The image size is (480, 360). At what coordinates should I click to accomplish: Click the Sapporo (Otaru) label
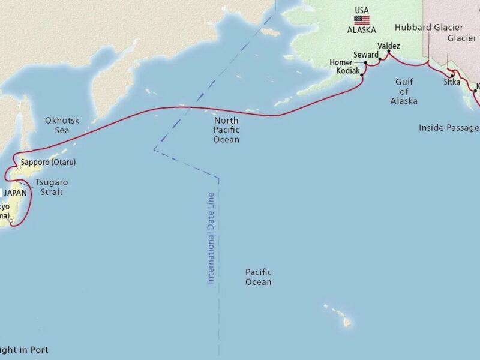click(48, 163)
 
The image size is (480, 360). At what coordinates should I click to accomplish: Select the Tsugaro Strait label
click(49, 187)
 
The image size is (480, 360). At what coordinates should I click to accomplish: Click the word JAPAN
click(16, 193)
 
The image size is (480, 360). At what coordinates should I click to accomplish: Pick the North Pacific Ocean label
click(226, 130)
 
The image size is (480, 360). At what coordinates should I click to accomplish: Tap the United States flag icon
click(361, 20)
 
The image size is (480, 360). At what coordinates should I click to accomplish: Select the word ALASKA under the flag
click(361, 29)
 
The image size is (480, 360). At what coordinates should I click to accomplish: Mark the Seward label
click(365, 55)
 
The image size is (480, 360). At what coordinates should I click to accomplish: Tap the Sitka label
click(451, 82)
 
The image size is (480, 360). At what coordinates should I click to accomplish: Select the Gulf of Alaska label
click(404, 91)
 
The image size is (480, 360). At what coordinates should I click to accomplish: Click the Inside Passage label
click(448, 127)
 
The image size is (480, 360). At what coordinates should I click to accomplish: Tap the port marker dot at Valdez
click(388, 52)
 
